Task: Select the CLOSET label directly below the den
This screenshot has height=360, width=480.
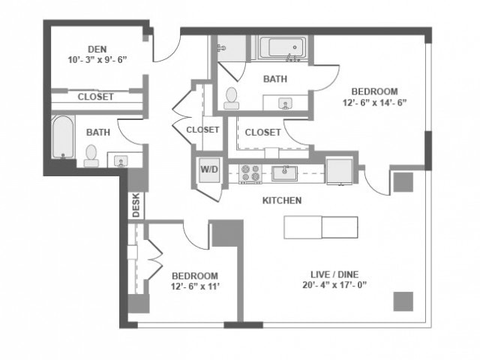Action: point(95,97)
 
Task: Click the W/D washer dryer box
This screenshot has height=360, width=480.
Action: point(208,169)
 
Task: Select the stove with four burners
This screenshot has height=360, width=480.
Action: point(250,173)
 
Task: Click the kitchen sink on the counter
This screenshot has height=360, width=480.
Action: point(283,173)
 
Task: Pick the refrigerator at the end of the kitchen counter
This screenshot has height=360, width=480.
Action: point(339,170)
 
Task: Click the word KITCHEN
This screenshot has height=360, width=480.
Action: point(281,201)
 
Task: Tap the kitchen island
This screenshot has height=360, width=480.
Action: point(320,227)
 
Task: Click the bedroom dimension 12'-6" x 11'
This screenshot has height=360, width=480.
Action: point(194,286)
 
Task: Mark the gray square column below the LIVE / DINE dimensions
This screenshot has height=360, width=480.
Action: point(403,300)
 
